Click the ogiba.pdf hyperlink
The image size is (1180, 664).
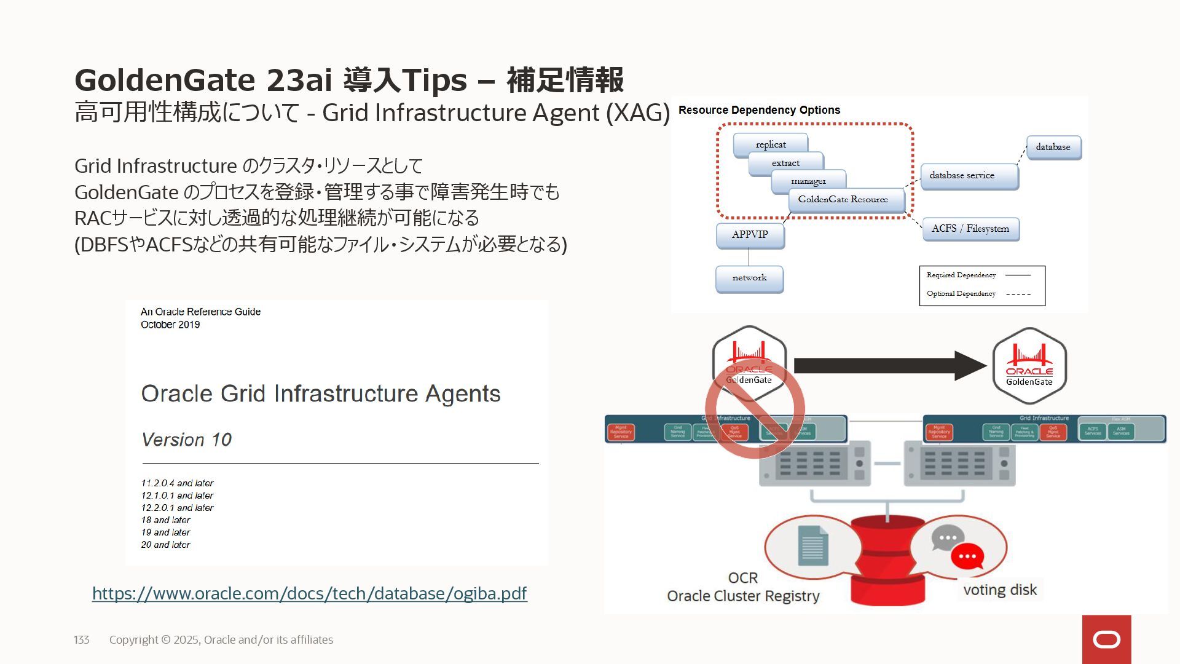coord(309,593)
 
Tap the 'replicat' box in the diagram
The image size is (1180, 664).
coord(770,144)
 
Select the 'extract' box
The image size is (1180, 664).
coord(785,163)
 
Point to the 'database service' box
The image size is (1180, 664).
coord(969,176)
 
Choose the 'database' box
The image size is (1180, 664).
coord(1053,148)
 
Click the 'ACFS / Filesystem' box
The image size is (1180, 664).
coord(970,229)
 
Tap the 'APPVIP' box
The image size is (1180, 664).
coord(750,235)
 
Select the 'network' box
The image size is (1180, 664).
coord(749,278)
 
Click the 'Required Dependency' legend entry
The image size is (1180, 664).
coord(961,275)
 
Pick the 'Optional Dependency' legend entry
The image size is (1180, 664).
coord(961,293)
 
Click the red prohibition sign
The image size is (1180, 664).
coord(755,409)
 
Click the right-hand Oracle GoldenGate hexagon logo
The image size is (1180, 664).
coord(1029,366)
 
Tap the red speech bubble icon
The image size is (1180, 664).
coord(967,556)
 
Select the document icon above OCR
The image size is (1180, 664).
coord(812,545)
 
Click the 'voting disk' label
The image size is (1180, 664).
coord(1000,590)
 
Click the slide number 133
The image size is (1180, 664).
coord(82,640)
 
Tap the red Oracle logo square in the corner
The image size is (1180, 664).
coord(1106,639)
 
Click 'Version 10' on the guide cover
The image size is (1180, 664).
coord(186,440)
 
